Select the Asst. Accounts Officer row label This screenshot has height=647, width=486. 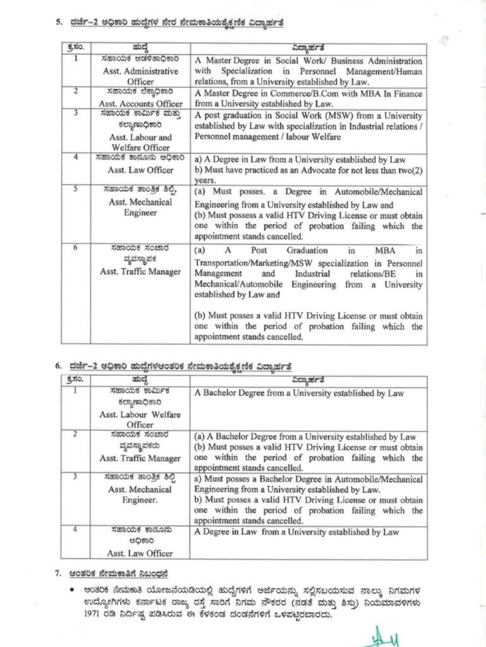coord(140,103)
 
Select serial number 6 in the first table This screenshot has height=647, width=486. coord(76,248)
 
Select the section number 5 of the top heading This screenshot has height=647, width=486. coord(58,25)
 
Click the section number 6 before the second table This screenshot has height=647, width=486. coord(58,366)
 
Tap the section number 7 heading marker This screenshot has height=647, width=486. coord(58,574)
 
